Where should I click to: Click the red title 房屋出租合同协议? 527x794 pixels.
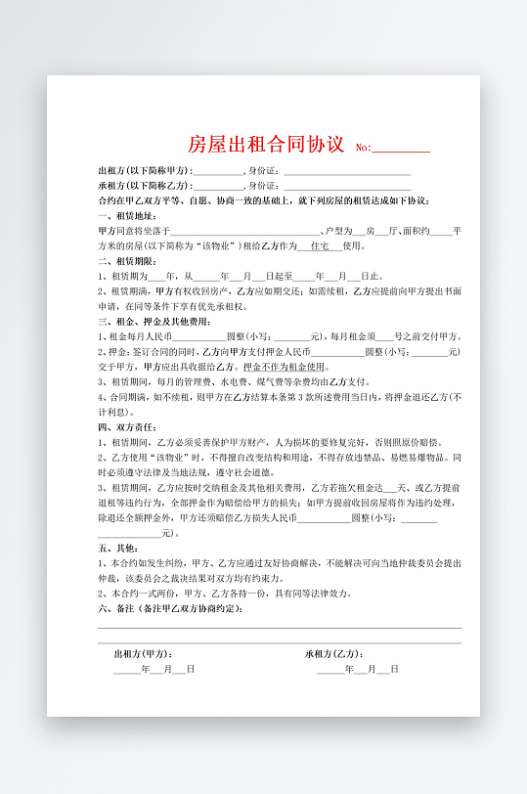tap(265, 146)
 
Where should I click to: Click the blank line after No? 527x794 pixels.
tap(401, 150)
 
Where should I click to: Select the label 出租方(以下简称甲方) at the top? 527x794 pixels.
tap(145, 170)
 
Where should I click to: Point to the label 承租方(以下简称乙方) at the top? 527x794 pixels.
tap(145, 185)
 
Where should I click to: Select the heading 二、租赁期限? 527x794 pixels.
tap(127, 261)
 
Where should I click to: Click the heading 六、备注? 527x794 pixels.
tap(172, 608)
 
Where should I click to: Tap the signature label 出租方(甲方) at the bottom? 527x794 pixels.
tap(143, 653)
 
